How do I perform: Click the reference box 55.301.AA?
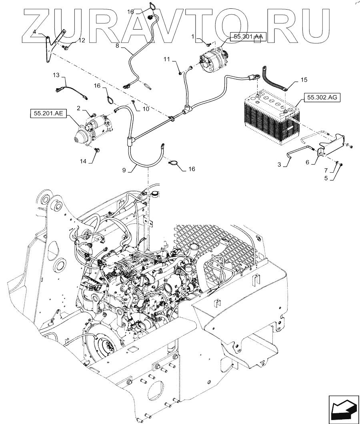pos(247,37)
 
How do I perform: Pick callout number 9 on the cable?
pos(124,170)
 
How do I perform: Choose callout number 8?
pos(117,46)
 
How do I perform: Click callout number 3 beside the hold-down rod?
pos(279,164)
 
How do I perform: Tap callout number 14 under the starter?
pos(83,161)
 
